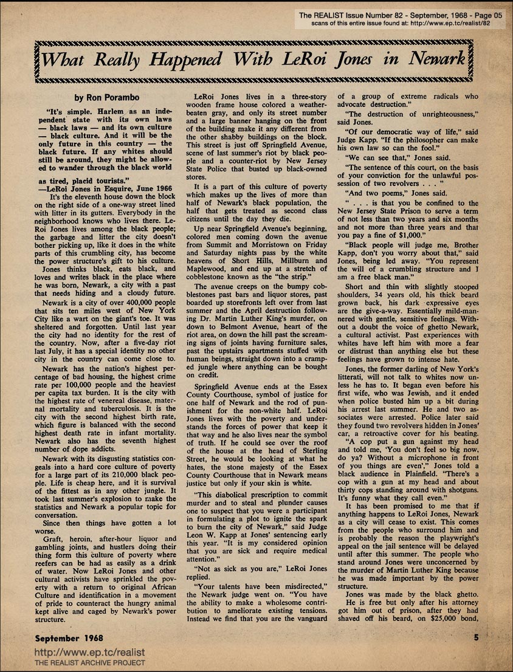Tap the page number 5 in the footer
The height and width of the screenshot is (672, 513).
click(477, 638)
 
